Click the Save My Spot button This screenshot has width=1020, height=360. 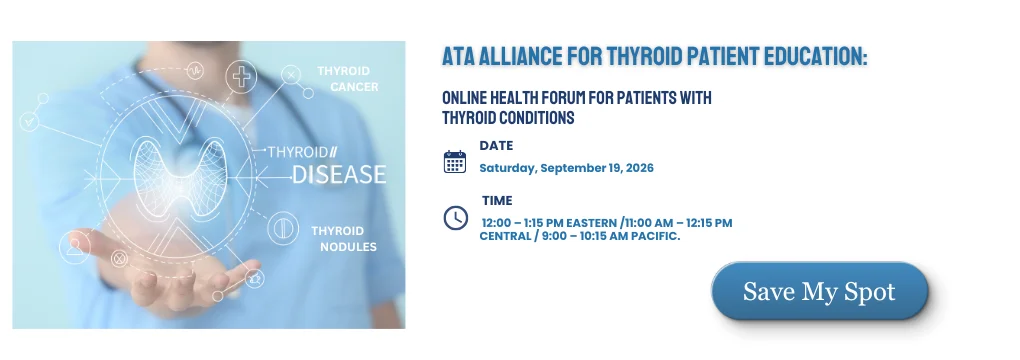(819, 291)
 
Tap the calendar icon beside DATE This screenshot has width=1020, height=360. (455, 161)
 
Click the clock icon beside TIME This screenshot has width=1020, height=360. (455, 217)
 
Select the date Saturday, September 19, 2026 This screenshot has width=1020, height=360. (566, 168)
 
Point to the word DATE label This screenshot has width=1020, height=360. (496, 146)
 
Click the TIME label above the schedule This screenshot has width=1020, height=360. (497, 201)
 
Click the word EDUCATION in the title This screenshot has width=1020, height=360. (809, 57)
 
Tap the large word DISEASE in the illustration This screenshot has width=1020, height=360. (339, 174)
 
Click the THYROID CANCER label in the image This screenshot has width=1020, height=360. (345, 79)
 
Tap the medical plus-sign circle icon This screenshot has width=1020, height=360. (241, 77)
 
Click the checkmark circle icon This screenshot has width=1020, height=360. (29, 121)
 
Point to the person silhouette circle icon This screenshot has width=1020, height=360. (75, 247)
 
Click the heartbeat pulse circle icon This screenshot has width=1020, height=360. (195, 70)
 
